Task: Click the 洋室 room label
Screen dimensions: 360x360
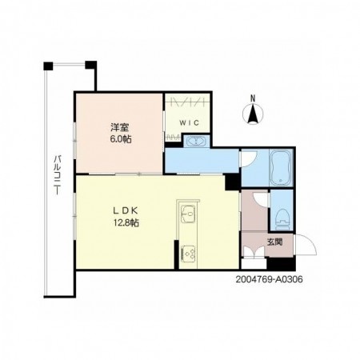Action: pos(120,127)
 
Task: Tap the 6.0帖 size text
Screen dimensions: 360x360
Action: pos(121,139)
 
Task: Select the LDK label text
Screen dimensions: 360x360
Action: pos(126,210)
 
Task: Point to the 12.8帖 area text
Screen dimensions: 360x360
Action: pos(126,222)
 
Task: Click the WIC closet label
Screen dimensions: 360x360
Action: pos(189,123)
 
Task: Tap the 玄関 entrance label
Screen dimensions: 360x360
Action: pos(275,242)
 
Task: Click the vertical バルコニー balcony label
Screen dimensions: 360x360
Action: pos(57,175)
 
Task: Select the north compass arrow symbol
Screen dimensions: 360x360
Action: pos(253,114)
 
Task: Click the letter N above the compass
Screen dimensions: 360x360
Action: pos(253,98)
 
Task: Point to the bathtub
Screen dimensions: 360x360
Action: pos(281,167)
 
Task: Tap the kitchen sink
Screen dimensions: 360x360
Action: pos(188,214)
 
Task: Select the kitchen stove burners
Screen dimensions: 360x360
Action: pos(188,252)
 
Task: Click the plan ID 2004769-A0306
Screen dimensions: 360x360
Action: pos(270,279)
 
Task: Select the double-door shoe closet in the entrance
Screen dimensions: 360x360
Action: pos(254,253)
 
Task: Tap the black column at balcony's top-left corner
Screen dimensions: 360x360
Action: pos(48,66)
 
